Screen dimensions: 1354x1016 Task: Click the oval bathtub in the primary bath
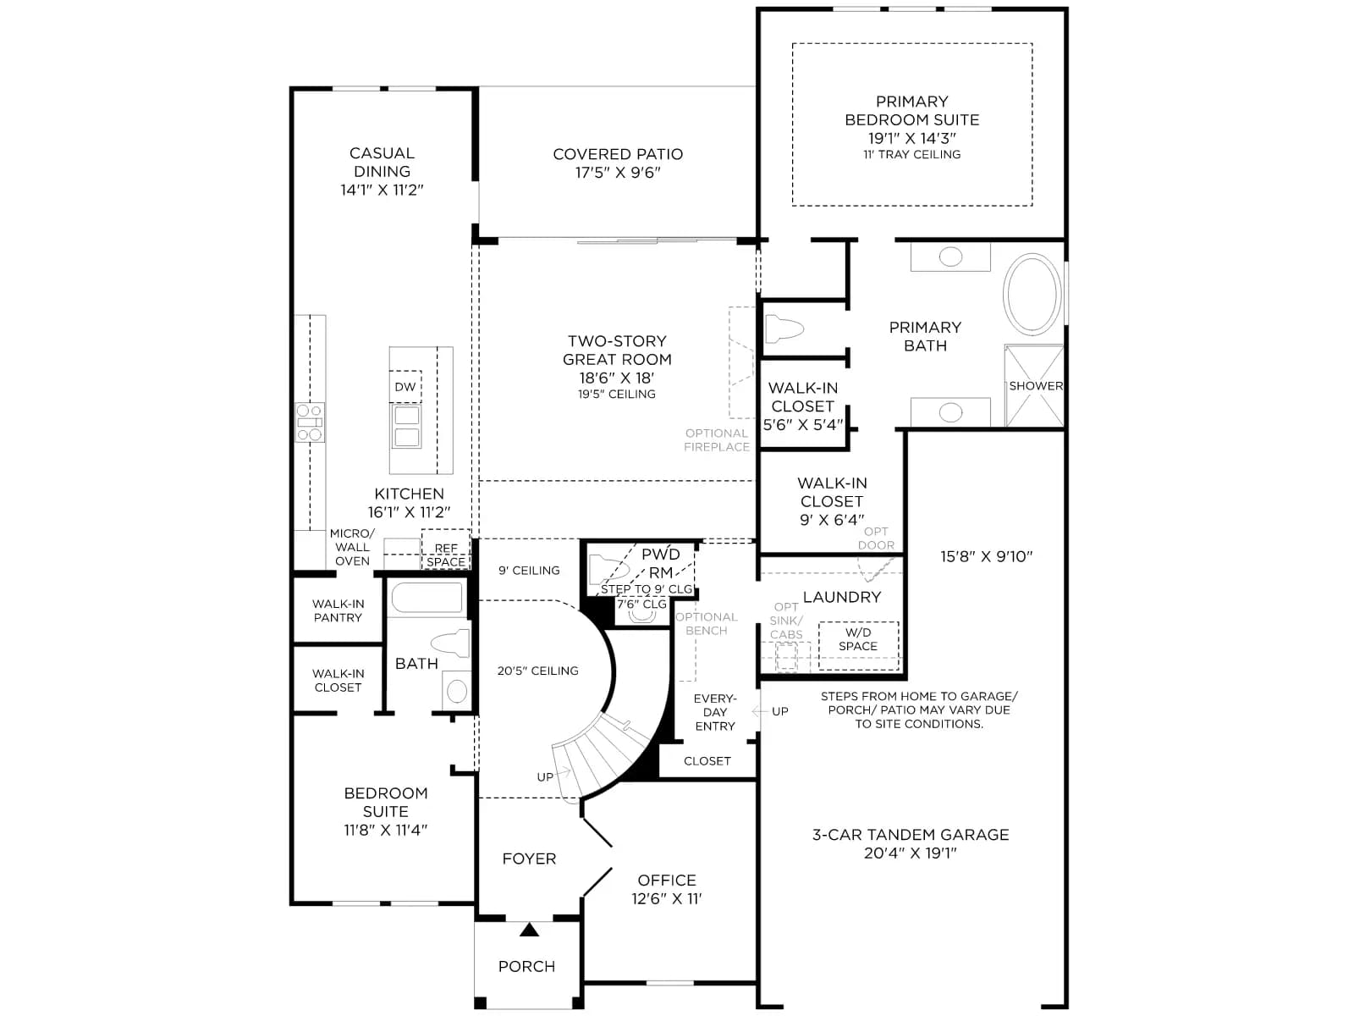pos(1032,295)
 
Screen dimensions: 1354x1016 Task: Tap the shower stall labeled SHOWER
pos(1034,385)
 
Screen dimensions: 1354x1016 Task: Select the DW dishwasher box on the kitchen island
pos(405,387)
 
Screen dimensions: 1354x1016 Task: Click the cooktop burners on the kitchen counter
pos(310,422)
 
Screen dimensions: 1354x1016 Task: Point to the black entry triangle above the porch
pos(529,930)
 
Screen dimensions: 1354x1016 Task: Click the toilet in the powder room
pos(607,569)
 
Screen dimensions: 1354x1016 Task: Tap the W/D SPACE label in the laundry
pos(857,639)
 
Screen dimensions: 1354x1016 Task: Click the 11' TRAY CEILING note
pos(911,154)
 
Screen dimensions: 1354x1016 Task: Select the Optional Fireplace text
pos(716,439)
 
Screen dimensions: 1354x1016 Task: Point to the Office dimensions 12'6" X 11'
pos(666,899)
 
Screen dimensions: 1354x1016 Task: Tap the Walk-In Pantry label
pos(338,610)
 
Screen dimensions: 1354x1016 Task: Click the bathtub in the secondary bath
pos(427,598)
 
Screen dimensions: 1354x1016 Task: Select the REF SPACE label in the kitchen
pos(446,555)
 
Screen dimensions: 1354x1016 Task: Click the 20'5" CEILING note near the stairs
pos(538,671)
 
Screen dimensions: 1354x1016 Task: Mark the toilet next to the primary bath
pos(784,329)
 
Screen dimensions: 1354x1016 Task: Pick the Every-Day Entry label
pos(715,713)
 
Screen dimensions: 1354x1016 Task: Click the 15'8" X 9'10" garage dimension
pos(986,556)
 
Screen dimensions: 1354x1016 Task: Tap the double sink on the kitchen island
pos(406,426)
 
